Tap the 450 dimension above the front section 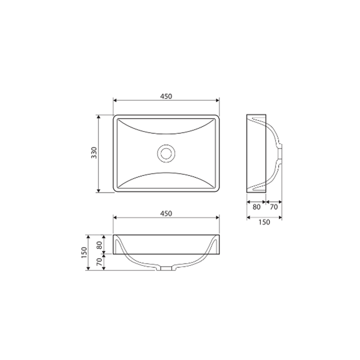(x=166, y=213)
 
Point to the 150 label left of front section (x=84, y=252)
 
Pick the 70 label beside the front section (x=99, y=261)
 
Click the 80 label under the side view (x=256, y=206)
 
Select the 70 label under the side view (x=274, y=206)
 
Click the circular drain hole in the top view (x=166, y=153)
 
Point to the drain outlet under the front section (x=166, y=268)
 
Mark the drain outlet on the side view (x=280, y=153)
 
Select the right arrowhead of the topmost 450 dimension (x=217, y=100)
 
